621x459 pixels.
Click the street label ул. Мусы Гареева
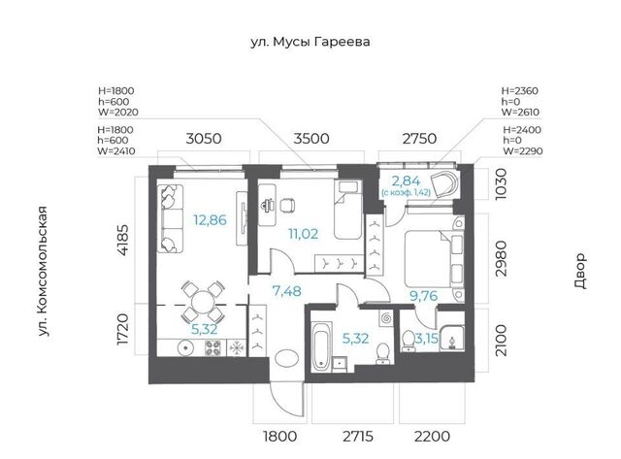pos(310,42)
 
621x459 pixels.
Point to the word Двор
pos(579,271)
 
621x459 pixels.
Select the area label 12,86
pos(210,220)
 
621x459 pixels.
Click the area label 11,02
pos(303,234)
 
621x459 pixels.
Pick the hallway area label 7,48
pos(287,291)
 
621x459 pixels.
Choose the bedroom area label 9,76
pos(423,296)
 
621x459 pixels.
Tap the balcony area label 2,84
pos(406,181)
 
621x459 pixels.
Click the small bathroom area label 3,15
pos(426,339)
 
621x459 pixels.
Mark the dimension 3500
pos(311,139)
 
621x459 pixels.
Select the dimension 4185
pos(123,240)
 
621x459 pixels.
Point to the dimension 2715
pos(358,437)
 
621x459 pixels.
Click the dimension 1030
pos(501,184)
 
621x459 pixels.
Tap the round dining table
pos(203,302)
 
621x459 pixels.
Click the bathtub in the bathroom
pos(320,346)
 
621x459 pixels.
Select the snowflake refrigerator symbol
pos(237,348)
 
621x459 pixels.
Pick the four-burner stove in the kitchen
pos(213,348)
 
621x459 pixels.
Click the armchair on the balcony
pos(444,183)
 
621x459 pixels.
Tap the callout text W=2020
pos(118,113)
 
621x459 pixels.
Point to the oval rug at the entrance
pos(287,358)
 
